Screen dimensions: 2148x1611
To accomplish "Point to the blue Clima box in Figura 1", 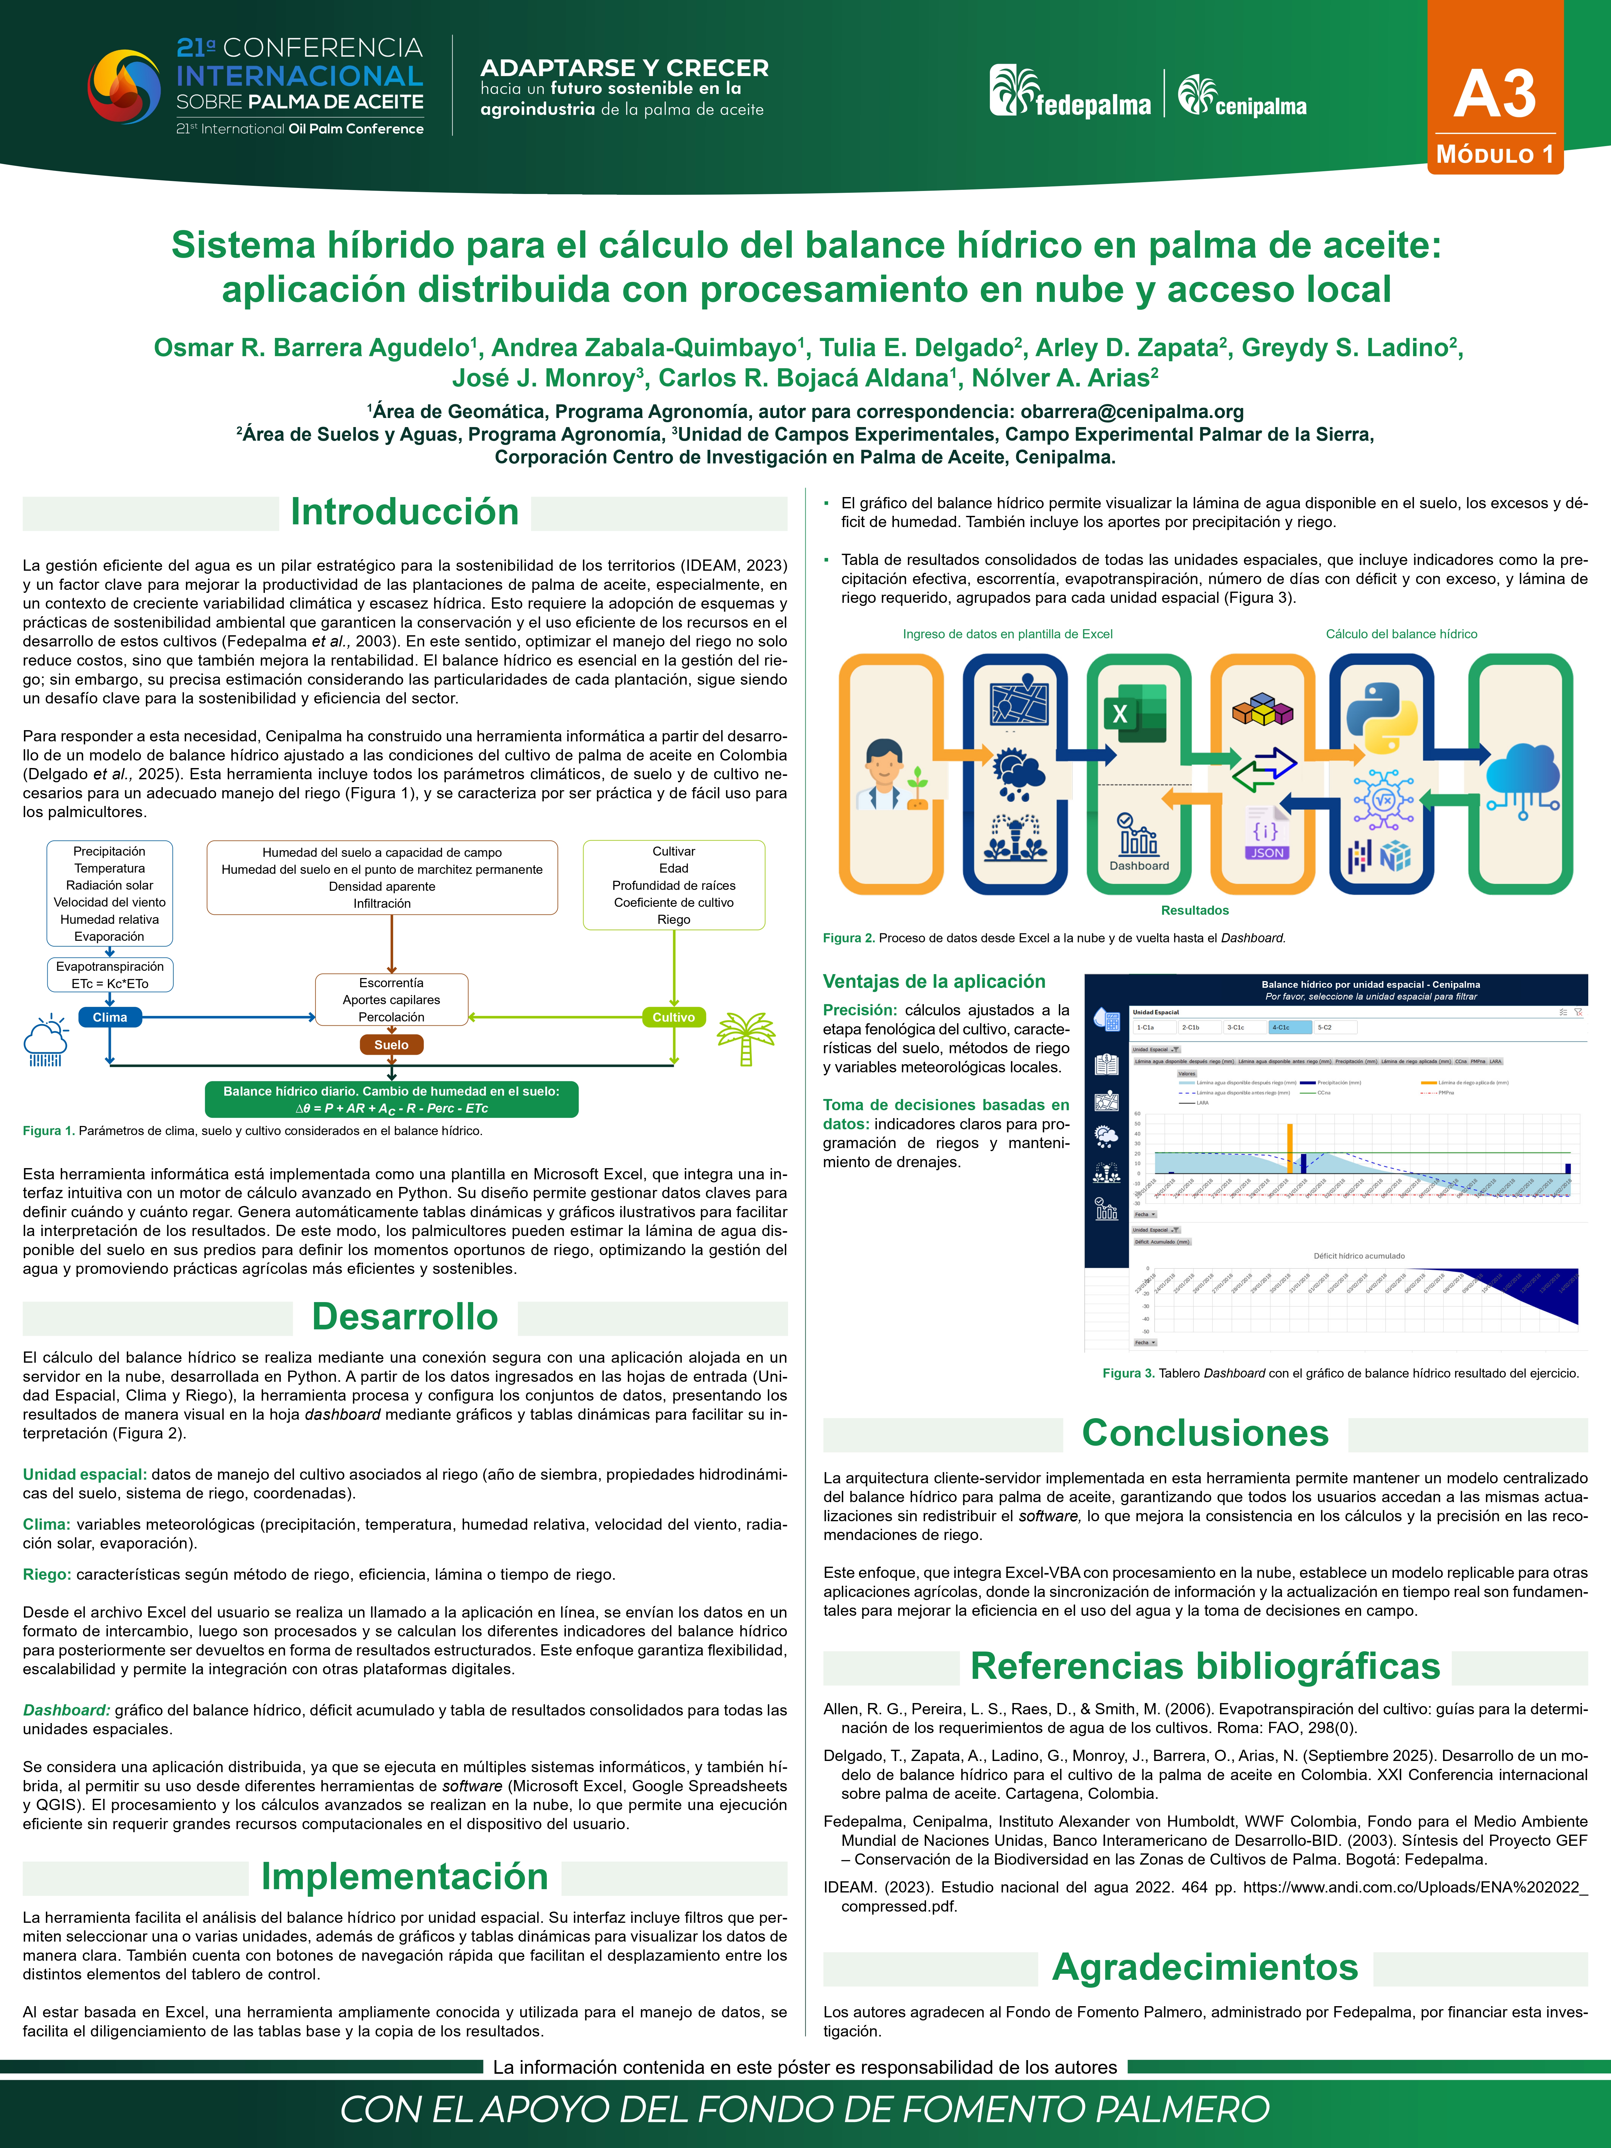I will point(110,1017).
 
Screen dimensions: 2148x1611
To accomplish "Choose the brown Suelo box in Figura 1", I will point(391,1045).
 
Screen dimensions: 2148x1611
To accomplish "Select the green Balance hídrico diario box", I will point(391,1099).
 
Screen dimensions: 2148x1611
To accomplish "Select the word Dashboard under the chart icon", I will point(1139,865).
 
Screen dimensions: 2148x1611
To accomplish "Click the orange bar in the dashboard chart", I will point(1290,1149).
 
